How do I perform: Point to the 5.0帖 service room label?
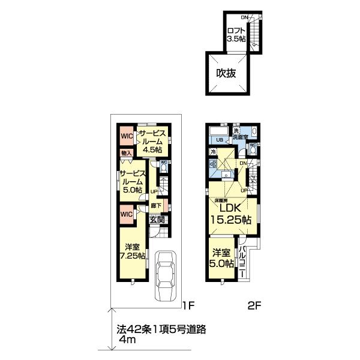coord(131,180)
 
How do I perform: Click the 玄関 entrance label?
coord(157,220)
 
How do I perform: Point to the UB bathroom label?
coord(220,140)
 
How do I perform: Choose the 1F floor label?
coord(188,305)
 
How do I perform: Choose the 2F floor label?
coord(256,305)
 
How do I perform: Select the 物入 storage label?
coord(126,154)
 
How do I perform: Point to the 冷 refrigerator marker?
coord(213,152)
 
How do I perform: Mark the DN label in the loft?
coord(245,17)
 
